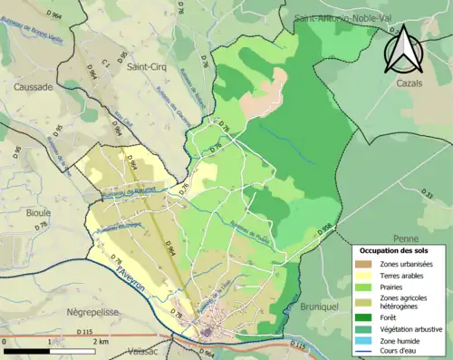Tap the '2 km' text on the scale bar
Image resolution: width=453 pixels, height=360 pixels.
click(x=101, y=342)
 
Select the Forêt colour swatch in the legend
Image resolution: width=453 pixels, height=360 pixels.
click(x=364, y=316)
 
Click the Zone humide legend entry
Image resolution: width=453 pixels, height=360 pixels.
click(x=364, y=341)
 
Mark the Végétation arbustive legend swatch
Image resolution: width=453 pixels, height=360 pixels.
click(x=364, y=329)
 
